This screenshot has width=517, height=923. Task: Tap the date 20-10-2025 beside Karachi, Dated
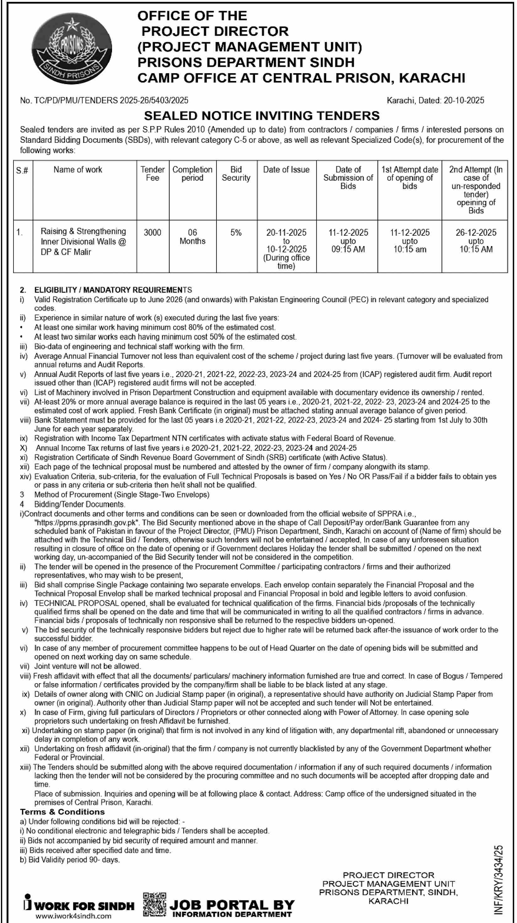(464, 100)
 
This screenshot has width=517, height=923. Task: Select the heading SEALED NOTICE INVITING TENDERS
(262, 116)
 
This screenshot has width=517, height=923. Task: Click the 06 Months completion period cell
(192, 237)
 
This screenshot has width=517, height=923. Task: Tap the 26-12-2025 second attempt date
(476, 233)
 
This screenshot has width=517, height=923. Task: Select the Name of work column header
(78, 169)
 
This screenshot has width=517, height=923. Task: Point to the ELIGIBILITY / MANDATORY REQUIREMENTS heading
(113, 290)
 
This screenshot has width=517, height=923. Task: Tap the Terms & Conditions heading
(62, 812)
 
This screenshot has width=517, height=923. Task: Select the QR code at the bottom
(154, 904)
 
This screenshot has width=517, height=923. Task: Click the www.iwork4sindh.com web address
(73, 916)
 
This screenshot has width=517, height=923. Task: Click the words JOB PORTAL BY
(232, 905)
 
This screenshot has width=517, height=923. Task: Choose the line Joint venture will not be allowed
(87, 666)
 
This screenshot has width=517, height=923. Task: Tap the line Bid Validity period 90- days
(74, 860)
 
